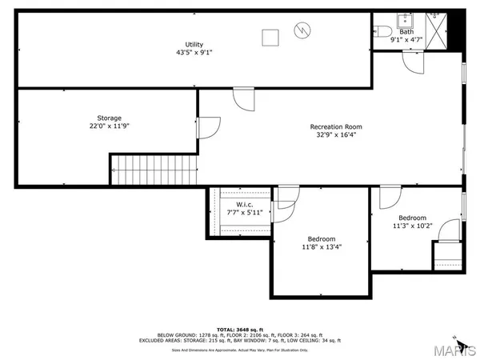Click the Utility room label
tap(194, 44)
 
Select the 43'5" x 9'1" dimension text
tap(194, 53)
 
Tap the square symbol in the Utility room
tap(270, 35)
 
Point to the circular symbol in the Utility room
tap(301, 30)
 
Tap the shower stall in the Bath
tap(436, 30)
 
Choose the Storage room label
tap(110, 118)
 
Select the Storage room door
tap(207, 127)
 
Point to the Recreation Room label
tap(336, 126)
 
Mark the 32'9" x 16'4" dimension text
tap(336, 135)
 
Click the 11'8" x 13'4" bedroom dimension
tap(322, 248)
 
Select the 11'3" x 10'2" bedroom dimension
tap(413, 226)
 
